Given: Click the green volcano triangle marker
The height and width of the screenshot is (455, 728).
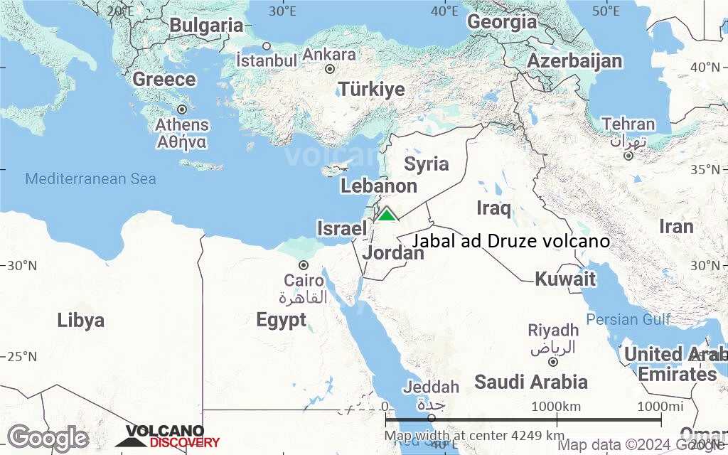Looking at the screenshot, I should pos(386,214).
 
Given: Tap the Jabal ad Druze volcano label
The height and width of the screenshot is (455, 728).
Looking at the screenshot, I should pos(510,241).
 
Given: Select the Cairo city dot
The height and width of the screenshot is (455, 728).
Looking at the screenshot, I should pos(304,265).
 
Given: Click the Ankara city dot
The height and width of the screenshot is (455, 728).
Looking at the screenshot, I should pos(330,69).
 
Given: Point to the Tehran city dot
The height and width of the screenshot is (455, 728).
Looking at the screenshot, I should pos(628,156).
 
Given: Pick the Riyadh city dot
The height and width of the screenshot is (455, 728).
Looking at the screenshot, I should pos(553,361).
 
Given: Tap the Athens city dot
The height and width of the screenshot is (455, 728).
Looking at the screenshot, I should pos(182,109).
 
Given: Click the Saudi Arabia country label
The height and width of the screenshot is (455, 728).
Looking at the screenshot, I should pos(531,382).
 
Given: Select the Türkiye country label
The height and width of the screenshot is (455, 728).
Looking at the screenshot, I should pos(372,90).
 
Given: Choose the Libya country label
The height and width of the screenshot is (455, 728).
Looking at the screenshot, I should pos(81,320).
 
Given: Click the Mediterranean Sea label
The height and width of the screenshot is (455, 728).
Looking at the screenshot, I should pos(90,179).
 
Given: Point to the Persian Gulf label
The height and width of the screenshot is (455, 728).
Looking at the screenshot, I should pos(628,319).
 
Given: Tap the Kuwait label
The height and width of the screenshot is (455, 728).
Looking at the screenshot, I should pos(565,279).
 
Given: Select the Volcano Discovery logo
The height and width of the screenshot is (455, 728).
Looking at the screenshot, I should pos(168,437).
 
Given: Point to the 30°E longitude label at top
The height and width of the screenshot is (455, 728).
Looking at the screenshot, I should pos(283,11).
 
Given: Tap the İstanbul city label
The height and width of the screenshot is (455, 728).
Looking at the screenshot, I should pos(267,60).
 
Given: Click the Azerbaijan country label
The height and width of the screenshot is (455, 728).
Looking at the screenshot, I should pos(574,61).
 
